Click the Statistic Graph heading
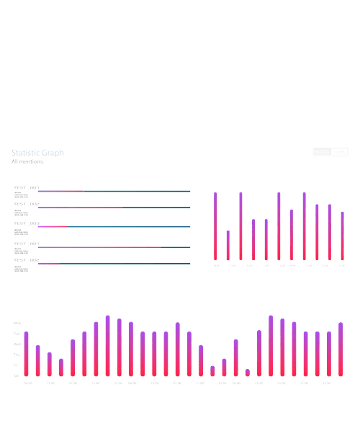(x=37, y=153)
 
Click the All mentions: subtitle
(x=27, y=162)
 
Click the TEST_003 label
(x=26, y=223)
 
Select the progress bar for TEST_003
(x=114, y=227)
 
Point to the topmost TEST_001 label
(x=26, y=187)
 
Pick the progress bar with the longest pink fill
(x=114, y=247)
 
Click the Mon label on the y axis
(x=17, y=323)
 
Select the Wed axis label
(x=17, y=344)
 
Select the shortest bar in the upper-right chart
(x=228, y=246)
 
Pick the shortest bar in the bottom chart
(x=248, y=373)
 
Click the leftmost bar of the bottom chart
(x=27, y=354)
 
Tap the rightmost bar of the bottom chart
(x=341, y=350)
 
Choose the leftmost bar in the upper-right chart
(x=215, y=226)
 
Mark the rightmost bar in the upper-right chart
(x=343, y=236)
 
